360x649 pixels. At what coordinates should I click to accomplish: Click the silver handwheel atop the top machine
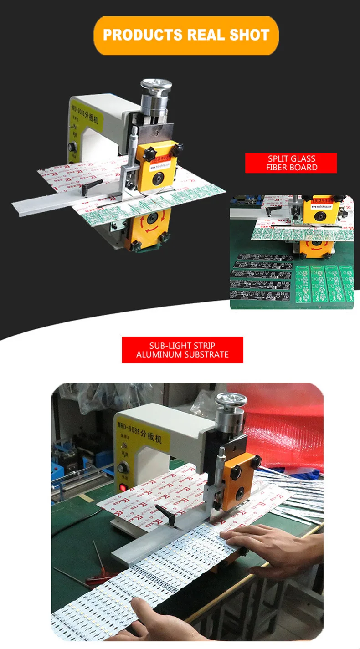[156, 86]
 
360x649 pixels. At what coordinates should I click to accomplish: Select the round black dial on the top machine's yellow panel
[71, 148]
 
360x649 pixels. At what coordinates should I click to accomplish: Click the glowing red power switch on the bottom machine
[123, 488]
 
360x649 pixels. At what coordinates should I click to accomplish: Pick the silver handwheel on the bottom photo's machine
[231, 400]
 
